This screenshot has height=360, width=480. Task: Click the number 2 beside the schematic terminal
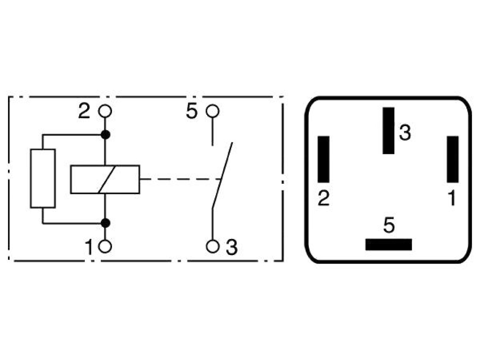pos(84,111)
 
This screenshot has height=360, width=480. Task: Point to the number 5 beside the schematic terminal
pos(192,111)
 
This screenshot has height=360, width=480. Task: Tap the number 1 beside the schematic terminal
pos(89,247)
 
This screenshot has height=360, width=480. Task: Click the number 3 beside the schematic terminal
pos(232,247)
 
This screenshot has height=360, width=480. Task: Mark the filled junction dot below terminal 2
pos(105,135)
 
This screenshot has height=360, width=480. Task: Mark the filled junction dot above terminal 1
pos(105,223)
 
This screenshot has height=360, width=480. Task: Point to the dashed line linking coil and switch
pos(180,179)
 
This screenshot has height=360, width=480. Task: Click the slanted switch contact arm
pos(222,176)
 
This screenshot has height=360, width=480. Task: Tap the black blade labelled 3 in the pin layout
pos(389,131)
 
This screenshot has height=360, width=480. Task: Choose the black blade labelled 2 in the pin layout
pos(323,159)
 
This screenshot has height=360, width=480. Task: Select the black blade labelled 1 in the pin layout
pos(453,159)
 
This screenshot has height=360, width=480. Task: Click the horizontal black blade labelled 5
pos(389,245)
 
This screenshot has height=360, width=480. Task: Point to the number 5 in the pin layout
pos(389,225)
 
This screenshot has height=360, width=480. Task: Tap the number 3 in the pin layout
pos(405,133)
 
